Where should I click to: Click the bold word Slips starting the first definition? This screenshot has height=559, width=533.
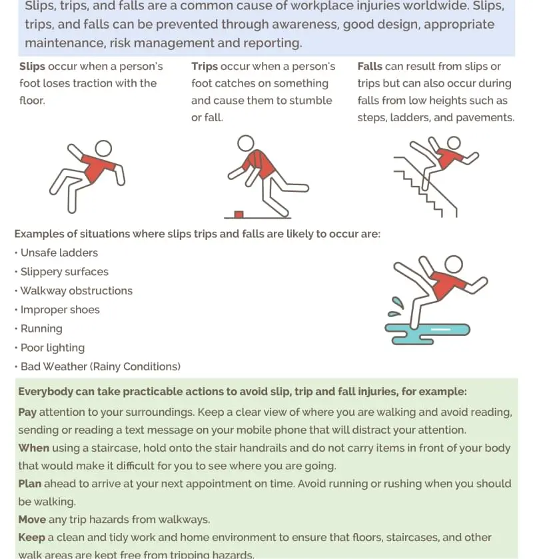pos(32,67)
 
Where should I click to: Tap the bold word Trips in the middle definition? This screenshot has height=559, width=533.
pos(205,67)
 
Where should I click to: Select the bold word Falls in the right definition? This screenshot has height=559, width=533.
pos(370,67)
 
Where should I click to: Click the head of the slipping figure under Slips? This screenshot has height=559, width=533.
pos(103,148)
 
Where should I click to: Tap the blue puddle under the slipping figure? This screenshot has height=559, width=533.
pos(427,329)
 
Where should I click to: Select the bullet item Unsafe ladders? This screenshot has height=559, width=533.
pos(59,253)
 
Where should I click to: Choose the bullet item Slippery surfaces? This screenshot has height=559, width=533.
pos(64,272)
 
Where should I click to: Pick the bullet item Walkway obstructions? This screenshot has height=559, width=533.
pos(76,290)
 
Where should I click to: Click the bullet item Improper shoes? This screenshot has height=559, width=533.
pos(60,310)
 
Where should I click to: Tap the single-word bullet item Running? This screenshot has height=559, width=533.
pos(41,328)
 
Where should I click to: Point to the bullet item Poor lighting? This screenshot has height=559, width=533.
pos(53,348)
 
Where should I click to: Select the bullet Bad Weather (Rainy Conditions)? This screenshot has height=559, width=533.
pos(100,366)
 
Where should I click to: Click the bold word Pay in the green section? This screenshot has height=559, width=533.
pos(27,412)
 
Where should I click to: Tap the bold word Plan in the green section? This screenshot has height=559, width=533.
pos(29,484)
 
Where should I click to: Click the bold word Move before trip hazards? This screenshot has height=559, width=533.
pos(32,519)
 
